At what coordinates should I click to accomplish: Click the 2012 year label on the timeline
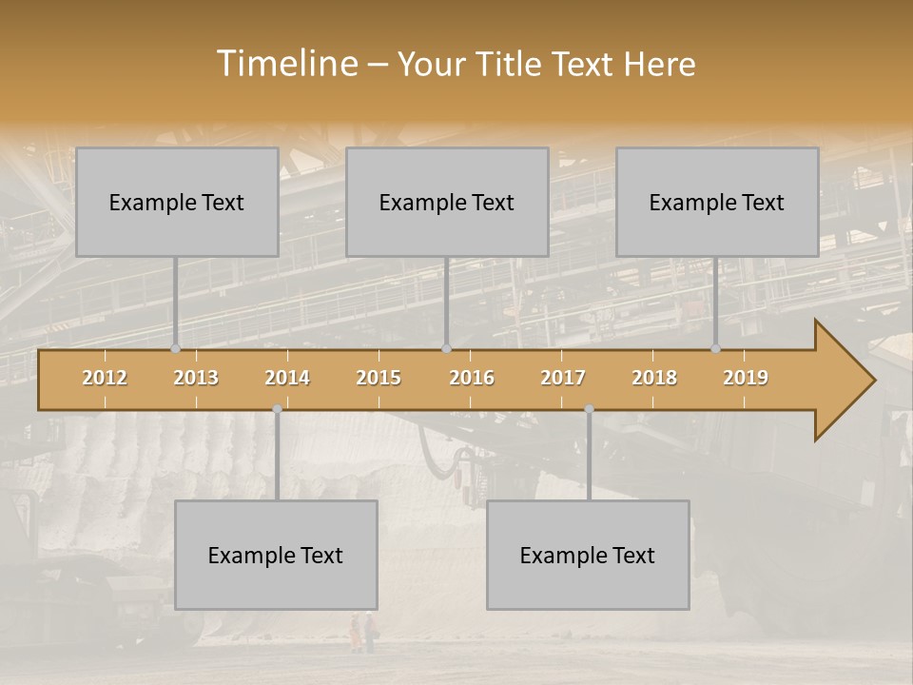coord(105,378)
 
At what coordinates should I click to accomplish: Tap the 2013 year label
coord(196,378)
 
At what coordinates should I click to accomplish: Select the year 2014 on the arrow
coord(287,378)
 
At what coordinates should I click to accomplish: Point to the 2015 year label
coord(379,378)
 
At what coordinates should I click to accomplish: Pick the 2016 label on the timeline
coord(472,378)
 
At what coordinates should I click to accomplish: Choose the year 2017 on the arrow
coord(563,378)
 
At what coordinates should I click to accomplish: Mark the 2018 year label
coord(654,378)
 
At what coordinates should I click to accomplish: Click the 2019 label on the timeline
coord(746,378)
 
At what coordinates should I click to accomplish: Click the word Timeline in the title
coord(285,63)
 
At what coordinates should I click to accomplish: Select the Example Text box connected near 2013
coord(177,202)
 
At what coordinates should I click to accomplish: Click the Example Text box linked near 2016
coord(447,202)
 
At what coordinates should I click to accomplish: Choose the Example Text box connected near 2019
coord(717,202)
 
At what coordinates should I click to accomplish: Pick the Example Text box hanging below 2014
coord(276,555)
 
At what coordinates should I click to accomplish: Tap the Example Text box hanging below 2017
coord(588,555)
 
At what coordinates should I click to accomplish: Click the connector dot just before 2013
coord(175,349)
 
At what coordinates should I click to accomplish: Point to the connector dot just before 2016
coord(446,349)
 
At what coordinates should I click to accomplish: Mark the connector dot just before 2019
coord(716,349)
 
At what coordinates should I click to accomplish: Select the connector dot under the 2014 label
coord(277,409)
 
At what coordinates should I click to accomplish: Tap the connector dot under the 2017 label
coord(589,409)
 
